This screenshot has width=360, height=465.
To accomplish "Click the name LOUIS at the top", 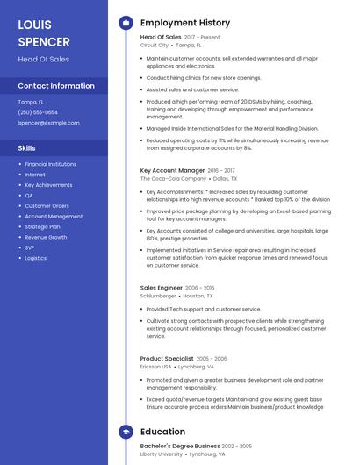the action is tap(34, 25).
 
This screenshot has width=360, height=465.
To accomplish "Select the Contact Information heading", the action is tap(56, 86).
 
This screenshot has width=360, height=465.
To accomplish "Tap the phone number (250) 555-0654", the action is tap(38, 112).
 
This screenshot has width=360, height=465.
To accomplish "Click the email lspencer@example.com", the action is tap(48, 123).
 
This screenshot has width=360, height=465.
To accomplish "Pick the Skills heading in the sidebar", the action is tap(27, 148).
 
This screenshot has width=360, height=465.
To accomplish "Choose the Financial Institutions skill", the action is tap(50, 164).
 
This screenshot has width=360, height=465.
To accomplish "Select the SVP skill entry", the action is tap(31, 247).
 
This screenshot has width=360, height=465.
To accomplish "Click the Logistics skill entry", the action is tap(36, 258).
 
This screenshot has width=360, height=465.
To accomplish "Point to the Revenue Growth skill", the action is tap(46, 237).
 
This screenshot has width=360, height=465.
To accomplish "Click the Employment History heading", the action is tap(185, 23).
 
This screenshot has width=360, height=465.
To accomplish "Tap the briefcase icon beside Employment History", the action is tap(126, 23).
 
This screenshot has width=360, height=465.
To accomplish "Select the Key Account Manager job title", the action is tap(172, 170).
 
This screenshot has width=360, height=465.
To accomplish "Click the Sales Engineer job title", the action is tap(161, 288).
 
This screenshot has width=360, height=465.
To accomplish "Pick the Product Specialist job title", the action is tap(166, 359).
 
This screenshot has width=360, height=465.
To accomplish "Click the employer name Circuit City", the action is tap(155, 45).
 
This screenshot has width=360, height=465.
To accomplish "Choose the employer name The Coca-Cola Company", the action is tap(173, 178).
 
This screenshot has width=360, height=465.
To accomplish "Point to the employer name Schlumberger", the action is tap(158, 296).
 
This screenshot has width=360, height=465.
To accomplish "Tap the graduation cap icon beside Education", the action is tap(126, 432).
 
